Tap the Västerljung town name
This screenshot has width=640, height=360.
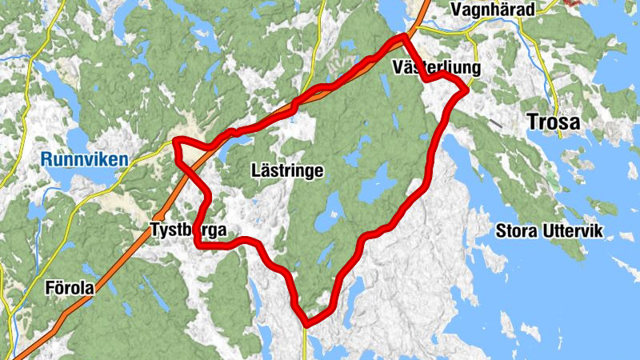click(x=437, y=68)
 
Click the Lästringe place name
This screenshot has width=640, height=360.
click(x=286, y=170)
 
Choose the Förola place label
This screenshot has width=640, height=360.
click(x=69, y=289)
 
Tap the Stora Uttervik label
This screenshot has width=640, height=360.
click(x=550, y=232)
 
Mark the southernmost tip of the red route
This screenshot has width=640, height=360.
click(x=306, y=323)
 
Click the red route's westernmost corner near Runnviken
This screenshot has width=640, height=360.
click(x=176, y=143)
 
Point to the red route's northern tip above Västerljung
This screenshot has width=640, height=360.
click(x=404, y=37)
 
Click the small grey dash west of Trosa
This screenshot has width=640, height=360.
click(x=497, y=124)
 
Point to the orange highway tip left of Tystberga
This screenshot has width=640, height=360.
click(x=159, y=216)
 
